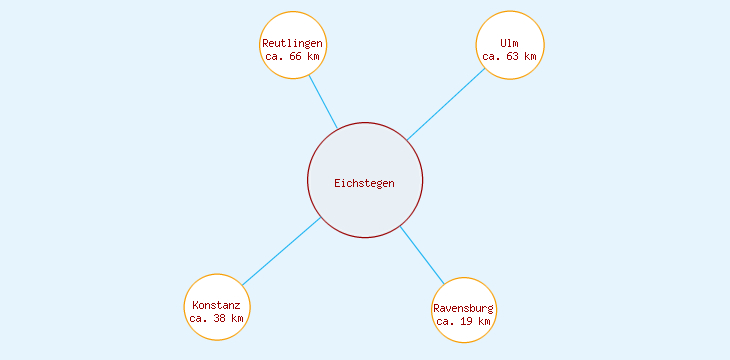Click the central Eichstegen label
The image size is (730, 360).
coord(364,183)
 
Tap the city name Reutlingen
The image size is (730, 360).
coord(292,44)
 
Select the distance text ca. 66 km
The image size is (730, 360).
coord(292,57)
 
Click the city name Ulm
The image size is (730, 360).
coord(510,44)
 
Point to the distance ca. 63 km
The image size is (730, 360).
coord(510,57)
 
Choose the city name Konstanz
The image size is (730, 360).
coord(216,305)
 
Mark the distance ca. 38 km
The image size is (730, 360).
coord(216,318)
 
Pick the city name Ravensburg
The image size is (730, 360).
coord(464,308)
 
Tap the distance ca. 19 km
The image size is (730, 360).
coord(464,321)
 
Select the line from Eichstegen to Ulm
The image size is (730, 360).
coord(446,104)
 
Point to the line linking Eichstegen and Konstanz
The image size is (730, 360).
coord(281,251)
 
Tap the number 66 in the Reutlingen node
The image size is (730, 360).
coord(295,57)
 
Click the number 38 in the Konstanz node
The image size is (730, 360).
coord(219,318)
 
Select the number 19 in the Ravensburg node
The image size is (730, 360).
coord(467,321)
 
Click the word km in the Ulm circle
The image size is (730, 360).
coord(530,57)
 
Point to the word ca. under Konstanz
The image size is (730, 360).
coord(198,318)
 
